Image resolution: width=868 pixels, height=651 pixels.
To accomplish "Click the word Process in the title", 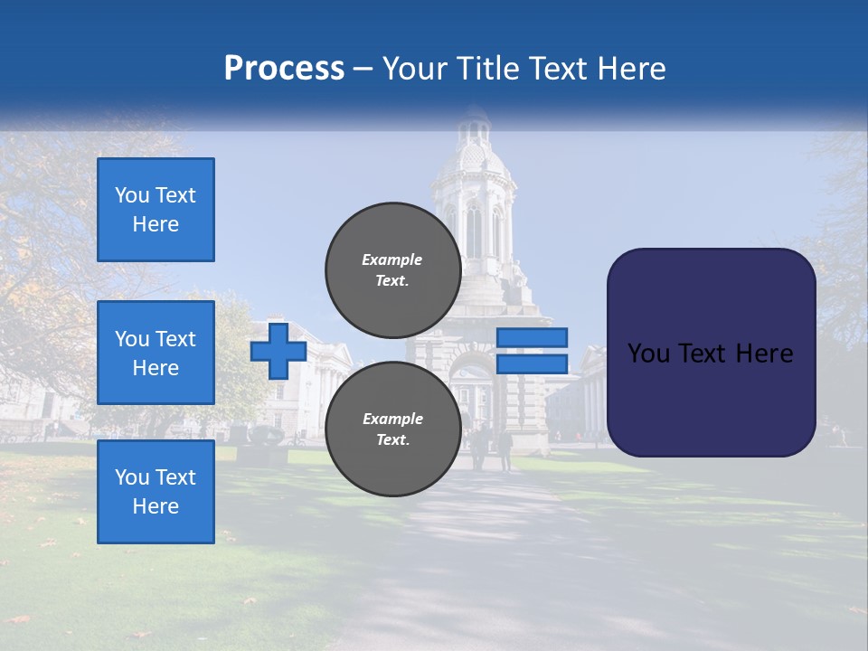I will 284,69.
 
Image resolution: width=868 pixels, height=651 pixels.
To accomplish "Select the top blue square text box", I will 156,210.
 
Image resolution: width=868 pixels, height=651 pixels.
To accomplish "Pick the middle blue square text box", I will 156,353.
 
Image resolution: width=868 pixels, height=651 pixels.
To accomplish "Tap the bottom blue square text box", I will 156,491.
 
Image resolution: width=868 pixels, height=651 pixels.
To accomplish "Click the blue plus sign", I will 278,351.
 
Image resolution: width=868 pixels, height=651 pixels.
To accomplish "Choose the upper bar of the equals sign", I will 532,337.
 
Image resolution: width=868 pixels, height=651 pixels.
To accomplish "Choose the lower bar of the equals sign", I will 532,363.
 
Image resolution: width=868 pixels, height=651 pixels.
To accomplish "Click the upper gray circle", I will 392,269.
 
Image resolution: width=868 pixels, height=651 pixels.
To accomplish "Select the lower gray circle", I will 392,429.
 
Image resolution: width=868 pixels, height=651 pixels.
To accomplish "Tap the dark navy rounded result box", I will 711,353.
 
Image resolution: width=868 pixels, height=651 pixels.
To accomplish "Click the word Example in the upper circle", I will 392,259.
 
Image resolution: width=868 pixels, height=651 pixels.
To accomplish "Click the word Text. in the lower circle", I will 392,440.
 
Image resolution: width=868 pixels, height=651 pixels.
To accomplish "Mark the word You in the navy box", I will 647,354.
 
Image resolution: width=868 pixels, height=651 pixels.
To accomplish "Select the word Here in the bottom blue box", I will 156,506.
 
